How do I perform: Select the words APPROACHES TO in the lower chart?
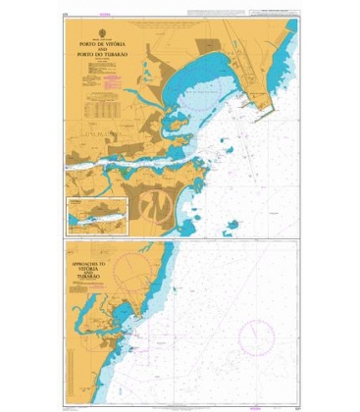(x=94, y=264)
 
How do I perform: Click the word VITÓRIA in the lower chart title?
(x=94, y=270)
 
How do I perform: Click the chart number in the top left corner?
(x=65, y=14)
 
